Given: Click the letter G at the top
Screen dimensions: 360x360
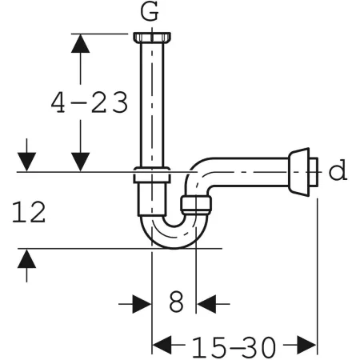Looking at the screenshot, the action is (150, 12).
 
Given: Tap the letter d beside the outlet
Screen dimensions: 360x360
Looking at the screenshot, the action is (338, 170).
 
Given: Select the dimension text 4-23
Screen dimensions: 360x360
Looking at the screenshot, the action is (90, 102).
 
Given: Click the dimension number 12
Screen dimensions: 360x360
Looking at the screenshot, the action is (29, 212).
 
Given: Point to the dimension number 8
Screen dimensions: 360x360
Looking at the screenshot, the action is (177, 302).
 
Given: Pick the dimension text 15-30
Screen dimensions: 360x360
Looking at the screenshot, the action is (234, 347).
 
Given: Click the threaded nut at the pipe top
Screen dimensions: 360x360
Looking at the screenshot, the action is (152, 37).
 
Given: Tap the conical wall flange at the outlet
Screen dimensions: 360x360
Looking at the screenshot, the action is (299, 172).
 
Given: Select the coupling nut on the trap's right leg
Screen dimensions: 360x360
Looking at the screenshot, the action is (196, 205).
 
